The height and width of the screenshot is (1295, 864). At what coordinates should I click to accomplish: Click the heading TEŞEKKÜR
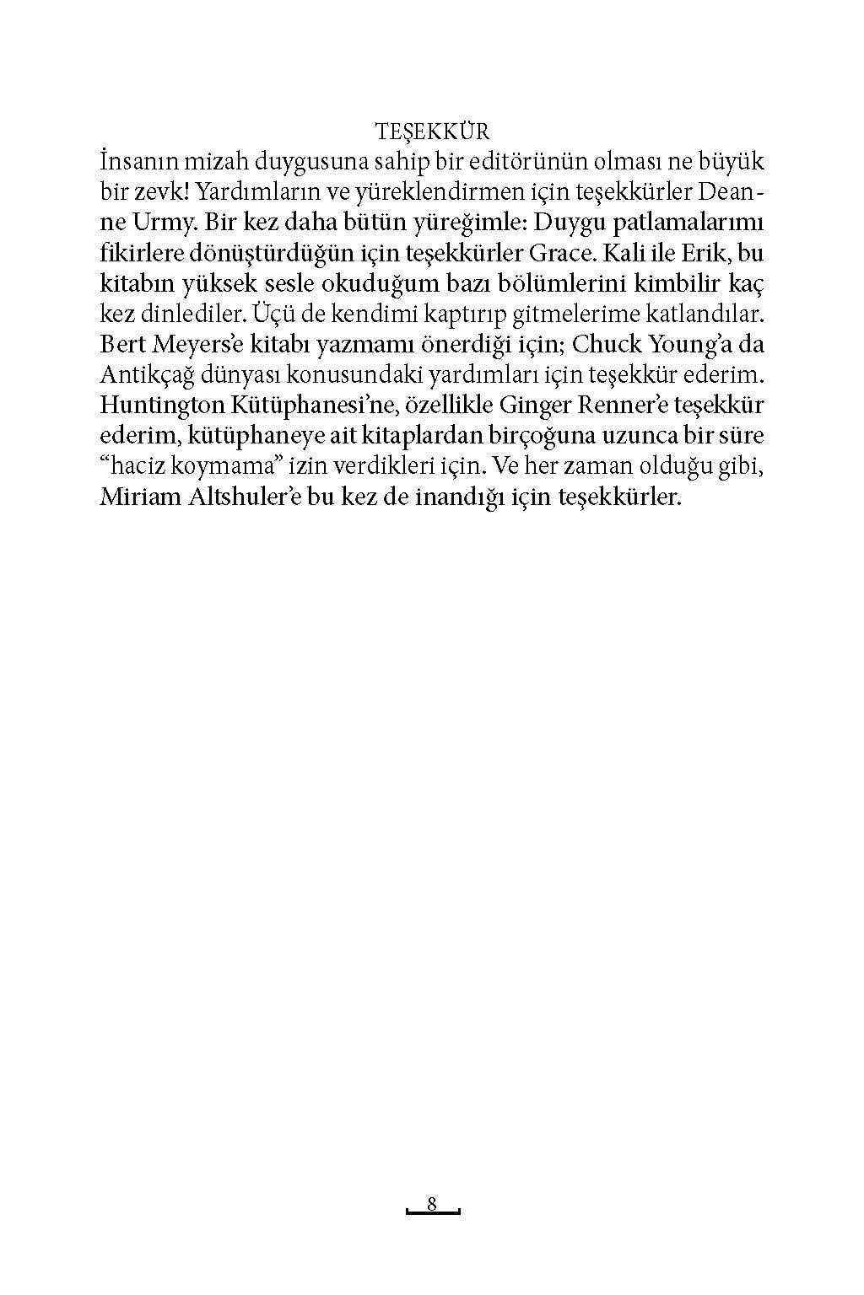[431, 132]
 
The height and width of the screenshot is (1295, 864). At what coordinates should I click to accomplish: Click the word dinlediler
[183, 314]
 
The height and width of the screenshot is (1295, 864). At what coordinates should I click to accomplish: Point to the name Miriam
[133, 497]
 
